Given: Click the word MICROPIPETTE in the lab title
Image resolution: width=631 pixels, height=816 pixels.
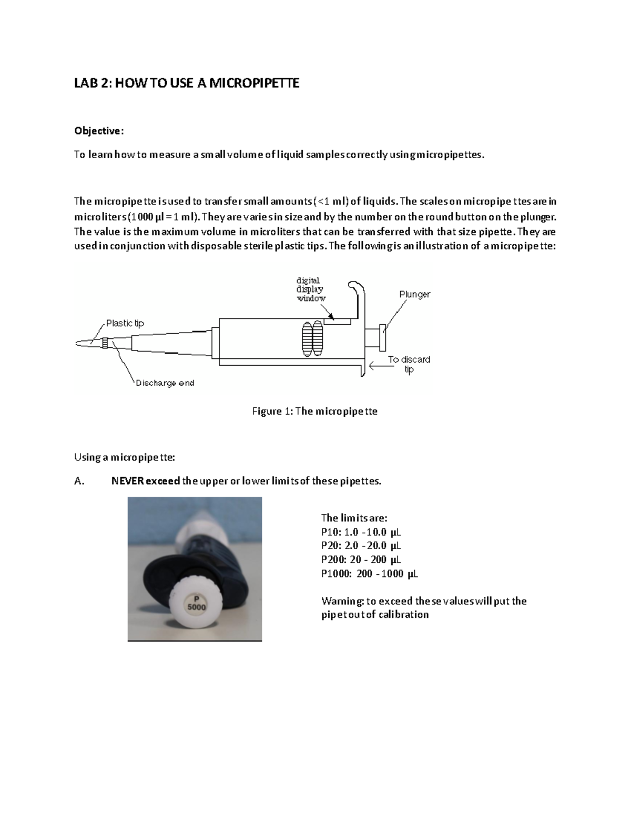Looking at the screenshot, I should (x=254, y=83).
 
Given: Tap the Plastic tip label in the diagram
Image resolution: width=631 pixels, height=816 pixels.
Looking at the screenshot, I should (x=125, y=323).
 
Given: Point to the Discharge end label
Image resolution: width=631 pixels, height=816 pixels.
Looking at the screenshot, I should (x=165, y=383).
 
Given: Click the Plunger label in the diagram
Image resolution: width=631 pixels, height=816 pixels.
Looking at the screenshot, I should (x=414, y=294).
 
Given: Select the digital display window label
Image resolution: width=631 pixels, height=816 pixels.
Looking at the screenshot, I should (x=310, y=289).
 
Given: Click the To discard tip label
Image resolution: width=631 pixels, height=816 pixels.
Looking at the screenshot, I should (x=409, y=364).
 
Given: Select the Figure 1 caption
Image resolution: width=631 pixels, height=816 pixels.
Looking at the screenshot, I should (x=314, y=411).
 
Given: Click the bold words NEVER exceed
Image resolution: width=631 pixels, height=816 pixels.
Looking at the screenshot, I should (x=145, y=481).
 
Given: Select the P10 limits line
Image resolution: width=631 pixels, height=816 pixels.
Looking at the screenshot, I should (x=361, y=532).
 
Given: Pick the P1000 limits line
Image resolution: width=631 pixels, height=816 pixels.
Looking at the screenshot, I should (x=369, y=573).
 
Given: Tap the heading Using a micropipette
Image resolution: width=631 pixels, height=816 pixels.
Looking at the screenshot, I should (x=124, y=457).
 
